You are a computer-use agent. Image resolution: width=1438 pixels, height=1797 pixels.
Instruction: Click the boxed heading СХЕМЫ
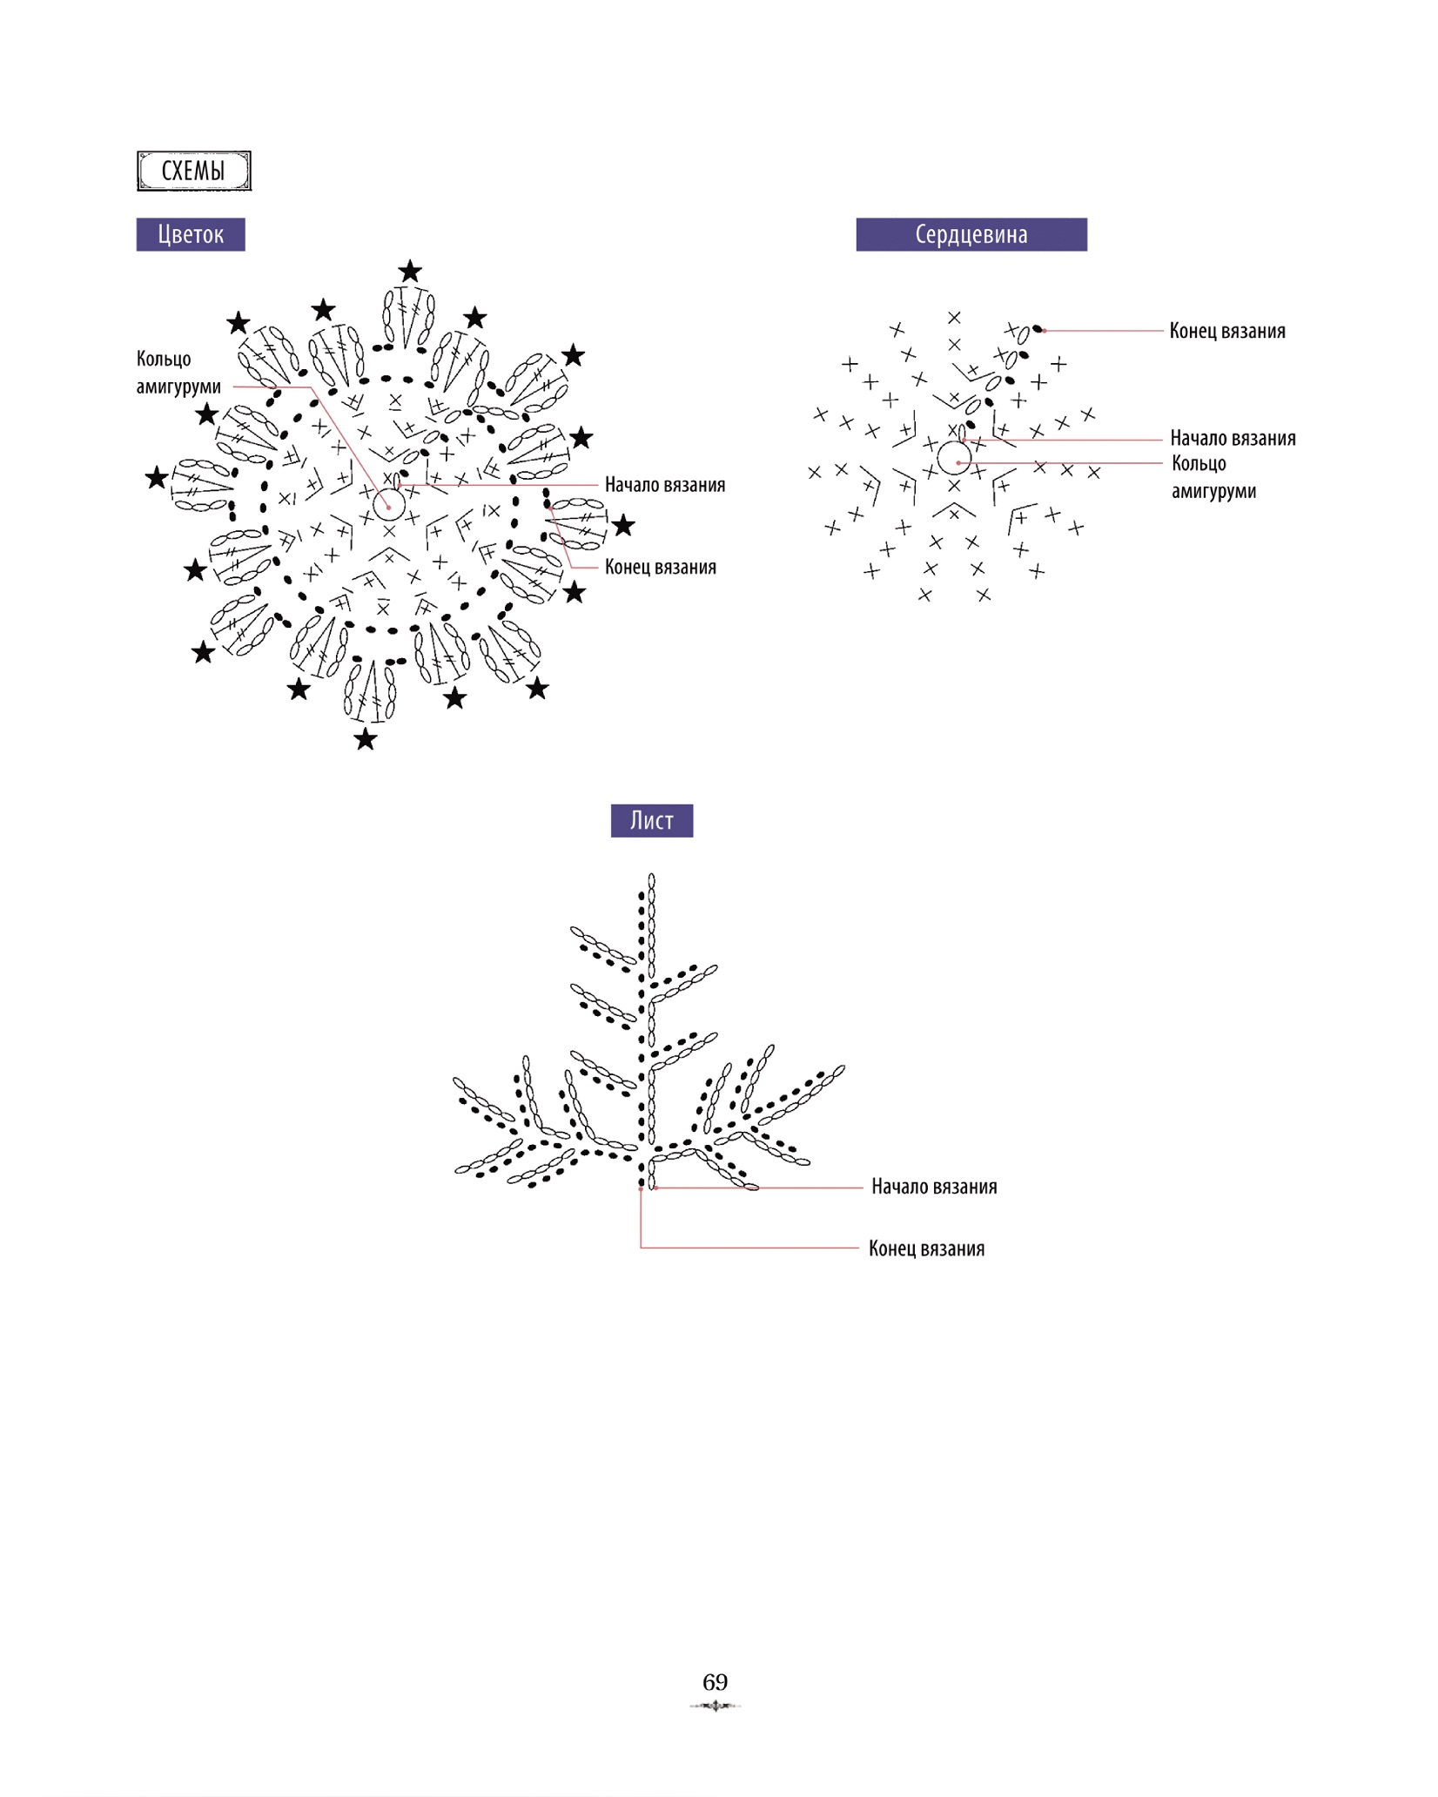[x=194, y=171]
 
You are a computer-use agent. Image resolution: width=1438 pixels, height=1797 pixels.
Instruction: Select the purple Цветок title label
[x=191, y=234]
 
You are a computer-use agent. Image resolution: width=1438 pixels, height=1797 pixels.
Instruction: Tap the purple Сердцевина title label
[x=971, y=234]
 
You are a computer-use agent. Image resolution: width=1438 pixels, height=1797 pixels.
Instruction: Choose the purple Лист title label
[x=652, y=820]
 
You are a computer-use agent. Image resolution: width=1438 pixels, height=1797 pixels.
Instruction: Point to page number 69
[x=716, y=1681]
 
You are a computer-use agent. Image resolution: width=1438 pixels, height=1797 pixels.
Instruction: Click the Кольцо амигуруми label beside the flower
[x=178, y=373]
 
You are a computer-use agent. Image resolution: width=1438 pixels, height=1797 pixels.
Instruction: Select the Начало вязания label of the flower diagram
[x=665, y=485]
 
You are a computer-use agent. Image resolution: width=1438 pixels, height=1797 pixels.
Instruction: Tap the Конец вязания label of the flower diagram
[x=661, y=567]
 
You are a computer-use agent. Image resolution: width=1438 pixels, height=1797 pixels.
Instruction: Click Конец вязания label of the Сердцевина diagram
[x=1227, y=331]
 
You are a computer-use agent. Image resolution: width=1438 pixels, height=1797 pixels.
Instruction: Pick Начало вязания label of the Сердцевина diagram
[x=1233, y=438]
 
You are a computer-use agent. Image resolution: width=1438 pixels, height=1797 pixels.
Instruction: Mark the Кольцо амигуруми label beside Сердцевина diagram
[x=1213, y=477]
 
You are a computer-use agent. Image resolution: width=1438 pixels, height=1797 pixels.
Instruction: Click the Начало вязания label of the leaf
[x=934, y=1187]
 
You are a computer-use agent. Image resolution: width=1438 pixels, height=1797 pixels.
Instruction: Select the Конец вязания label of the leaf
[x=927, y=1248]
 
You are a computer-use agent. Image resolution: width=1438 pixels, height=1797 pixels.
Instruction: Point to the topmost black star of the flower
[x=410, y=272]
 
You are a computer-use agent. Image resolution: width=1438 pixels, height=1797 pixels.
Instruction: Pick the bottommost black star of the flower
[x=366, y=739]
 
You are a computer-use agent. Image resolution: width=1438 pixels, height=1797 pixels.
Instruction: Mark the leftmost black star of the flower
[x=157, y=477]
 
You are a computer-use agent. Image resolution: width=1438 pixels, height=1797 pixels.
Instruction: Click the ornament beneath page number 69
[x=716, y=1706]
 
